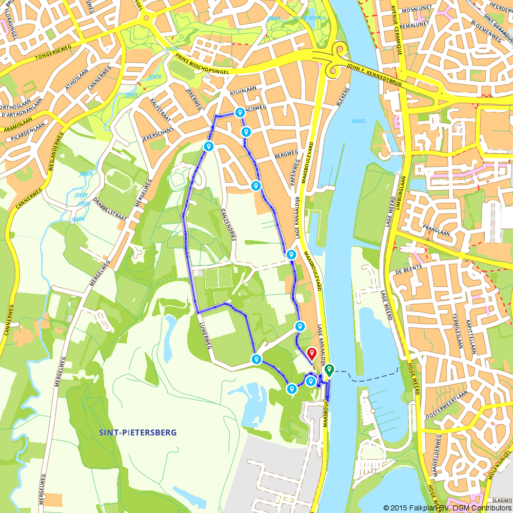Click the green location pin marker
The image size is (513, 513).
(x=329, y=369)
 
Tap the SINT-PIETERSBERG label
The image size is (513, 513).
(x=137, y=432)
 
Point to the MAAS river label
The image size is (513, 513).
(x=358, y=122)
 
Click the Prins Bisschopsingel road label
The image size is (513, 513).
(x=207, y=64)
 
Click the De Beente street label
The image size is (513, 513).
(x=409, y=268)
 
